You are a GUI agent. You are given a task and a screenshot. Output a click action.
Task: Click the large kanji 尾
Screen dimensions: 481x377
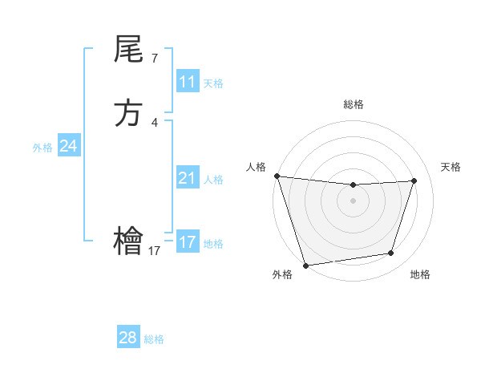[x=128, y=51]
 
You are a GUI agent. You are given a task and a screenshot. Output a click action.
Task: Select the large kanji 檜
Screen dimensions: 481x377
[x=128, y=241]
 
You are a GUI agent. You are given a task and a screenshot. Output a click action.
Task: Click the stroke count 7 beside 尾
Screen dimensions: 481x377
[x=155, y=58]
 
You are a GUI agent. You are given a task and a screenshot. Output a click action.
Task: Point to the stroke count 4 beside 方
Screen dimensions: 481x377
[x=155, y=122]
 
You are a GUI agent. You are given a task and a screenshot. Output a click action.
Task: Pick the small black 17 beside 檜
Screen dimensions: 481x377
[x=155, y=250]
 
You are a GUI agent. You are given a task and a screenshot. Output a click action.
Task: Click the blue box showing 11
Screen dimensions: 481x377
[x=188, y=82]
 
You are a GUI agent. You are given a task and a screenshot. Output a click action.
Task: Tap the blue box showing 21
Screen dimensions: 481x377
[x=188, y=178]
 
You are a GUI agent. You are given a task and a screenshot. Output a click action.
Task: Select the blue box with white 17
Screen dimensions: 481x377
[x=188, y=242]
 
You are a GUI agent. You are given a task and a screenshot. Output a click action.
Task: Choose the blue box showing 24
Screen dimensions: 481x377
[x=69, y=146]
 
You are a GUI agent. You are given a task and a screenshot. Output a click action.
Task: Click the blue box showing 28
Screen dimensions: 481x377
[x=128, y=338]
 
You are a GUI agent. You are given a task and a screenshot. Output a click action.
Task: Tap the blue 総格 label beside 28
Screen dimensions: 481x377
[x=154, y=339]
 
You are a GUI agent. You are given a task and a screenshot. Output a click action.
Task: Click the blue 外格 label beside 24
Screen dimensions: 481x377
[x=42, y=148]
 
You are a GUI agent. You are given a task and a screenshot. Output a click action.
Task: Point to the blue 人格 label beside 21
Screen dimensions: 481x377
[x=213, y=180]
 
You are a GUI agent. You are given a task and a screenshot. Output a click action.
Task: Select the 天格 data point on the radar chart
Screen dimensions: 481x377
[x=414, y=180]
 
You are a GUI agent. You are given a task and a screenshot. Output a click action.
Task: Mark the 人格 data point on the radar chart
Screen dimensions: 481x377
[x=277, y=176]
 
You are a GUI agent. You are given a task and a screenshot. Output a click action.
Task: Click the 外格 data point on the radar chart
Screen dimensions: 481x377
[x=305, y=265]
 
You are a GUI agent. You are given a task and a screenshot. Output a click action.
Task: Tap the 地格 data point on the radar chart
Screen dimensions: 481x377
[x=391, y=253]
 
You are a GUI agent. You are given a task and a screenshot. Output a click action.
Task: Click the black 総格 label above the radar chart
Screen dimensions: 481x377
[x=353, y=104]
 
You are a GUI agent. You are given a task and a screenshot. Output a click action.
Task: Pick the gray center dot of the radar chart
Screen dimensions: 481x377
[x=353, y=201]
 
